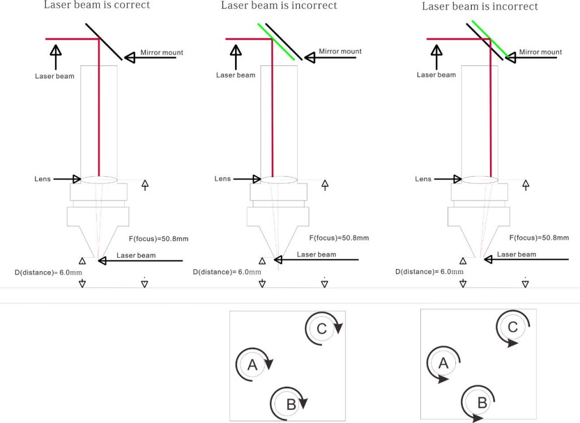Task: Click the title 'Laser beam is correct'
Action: pyautogui.click(x=97, y=5)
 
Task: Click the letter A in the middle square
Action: pyautogui.click(x=253, y=365)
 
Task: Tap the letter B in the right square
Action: pyautogui.click(x=482, y=403)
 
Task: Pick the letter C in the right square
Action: pyautogui.click(x=513, y=327)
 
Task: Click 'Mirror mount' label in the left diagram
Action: pyautogui.click(x=162, y=53)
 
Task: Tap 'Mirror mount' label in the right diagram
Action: pyautogui.click(x=540, y=52)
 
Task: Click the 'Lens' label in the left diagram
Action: pyautogui.click(x=42, y=179)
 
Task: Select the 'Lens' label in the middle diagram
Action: pyautogui.click(x=223, y=179)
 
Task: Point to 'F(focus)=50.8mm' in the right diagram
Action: pyautogui.click(x=539, y=238)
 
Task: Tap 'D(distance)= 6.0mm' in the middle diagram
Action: pyautogui.click(x=227, y=272)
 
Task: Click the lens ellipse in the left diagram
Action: pyautogui.click(x=99, y=180)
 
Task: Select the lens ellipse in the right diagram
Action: pyautogui.click(x=480, y=180)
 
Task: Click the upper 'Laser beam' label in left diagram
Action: pyautogui.click(x=54, y=76)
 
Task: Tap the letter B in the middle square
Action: pyautogui.click(x=291, y=404)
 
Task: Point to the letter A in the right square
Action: pyautogui.click(x=443, y=364)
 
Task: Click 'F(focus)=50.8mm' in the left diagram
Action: pyautogui.click(x=159, y=239)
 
